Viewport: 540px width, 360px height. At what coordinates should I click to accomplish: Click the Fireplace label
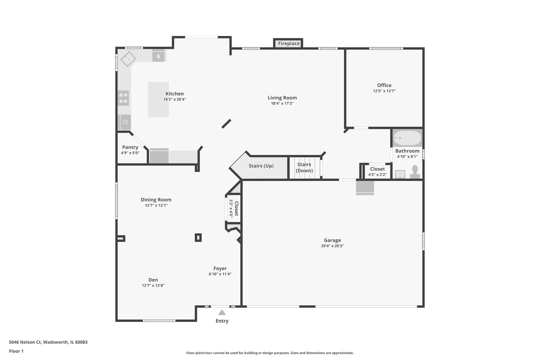289,43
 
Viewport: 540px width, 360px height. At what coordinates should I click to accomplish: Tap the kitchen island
158,100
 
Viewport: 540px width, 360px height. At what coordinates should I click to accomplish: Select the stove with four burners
123,98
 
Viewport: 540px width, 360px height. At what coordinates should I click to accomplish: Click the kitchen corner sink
128,59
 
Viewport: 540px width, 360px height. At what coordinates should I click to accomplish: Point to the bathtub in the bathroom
407,138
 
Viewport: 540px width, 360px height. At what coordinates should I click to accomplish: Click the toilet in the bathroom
415,172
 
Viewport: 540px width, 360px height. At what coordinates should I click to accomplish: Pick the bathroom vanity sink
400,174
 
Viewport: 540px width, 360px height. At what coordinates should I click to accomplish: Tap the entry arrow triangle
222,312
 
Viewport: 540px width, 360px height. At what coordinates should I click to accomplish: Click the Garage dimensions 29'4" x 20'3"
332,246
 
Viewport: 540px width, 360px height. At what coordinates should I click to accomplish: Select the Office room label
384,85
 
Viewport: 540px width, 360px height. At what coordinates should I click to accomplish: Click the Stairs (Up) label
261,166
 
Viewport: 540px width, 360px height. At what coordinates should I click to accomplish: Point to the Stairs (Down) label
304,167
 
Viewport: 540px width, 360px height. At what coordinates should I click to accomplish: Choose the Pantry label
130,147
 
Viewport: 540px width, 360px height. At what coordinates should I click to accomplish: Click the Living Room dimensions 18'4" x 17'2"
282,103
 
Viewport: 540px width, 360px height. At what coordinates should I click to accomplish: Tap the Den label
153,280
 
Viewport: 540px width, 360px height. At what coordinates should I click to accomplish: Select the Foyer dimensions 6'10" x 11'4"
220,274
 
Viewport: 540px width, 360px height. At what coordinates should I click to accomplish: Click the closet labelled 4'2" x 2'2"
378,171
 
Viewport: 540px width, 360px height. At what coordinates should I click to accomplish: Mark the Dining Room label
156,200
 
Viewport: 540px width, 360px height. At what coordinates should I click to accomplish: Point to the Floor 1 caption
16,351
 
